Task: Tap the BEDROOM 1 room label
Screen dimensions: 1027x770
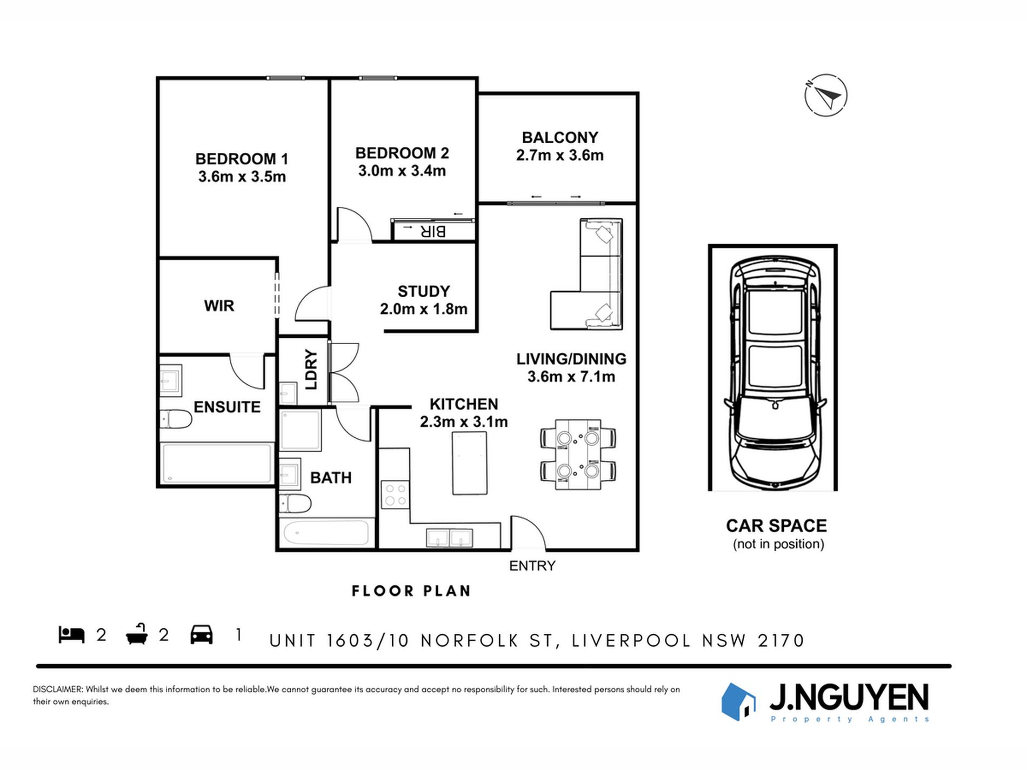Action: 242,159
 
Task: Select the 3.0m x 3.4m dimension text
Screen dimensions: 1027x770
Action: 402,171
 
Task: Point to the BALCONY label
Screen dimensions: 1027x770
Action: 560,137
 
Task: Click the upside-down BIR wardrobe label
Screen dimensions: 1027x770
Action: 433,231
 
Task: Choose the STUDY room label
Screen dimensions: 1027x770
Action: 424,292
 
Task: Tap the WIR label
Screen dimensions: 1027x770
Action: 219,306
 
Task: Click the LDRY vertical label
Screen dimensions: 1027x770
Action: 311,370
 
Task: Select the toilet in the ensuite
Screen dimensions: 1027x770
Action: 176,419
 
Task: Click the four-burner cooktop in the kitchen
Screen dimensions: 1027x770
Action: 395,494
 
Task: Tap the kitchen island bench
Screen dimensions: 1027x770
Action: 469,463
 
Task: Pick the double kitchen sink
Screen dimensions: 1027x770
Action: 450,538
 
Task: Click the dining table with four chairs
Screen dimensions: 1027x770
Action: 578,455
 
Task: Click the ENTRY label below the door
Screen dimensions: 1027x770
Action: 532,566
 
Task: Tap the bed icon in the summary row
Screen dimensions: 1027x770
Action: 71,634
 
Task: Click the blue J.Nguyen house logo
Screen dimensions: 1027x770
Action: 738,701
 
